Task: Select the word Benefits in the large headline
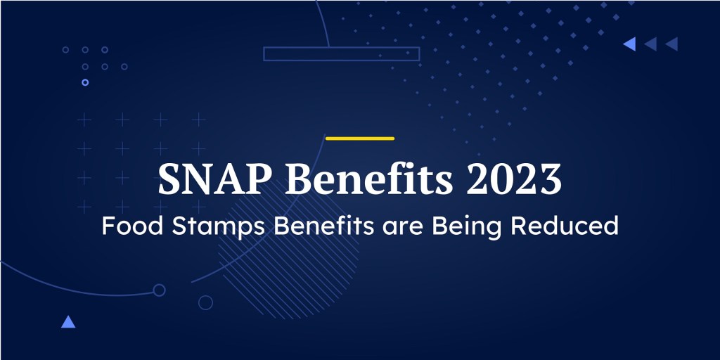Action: pyautogui.click(x=368, y=179)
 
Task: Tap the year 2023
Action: pyautogui.click(x=514, y=179)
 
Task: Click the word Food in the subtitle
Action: pyautogui.click(x=132, y=226)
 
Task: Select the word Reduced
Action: pyautogui.click(x=565, y=226)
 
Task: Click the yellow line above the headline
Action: pyautogui.click(x=359, y=139)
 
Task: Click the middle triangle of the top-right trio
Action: pyautogui.click(x=650, y=44)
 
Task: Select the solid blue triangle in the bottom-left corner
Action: pyautogui.click(x=68, y=322)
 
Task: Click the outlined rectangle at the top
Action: pyautogui.click(x=341, y=47)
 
